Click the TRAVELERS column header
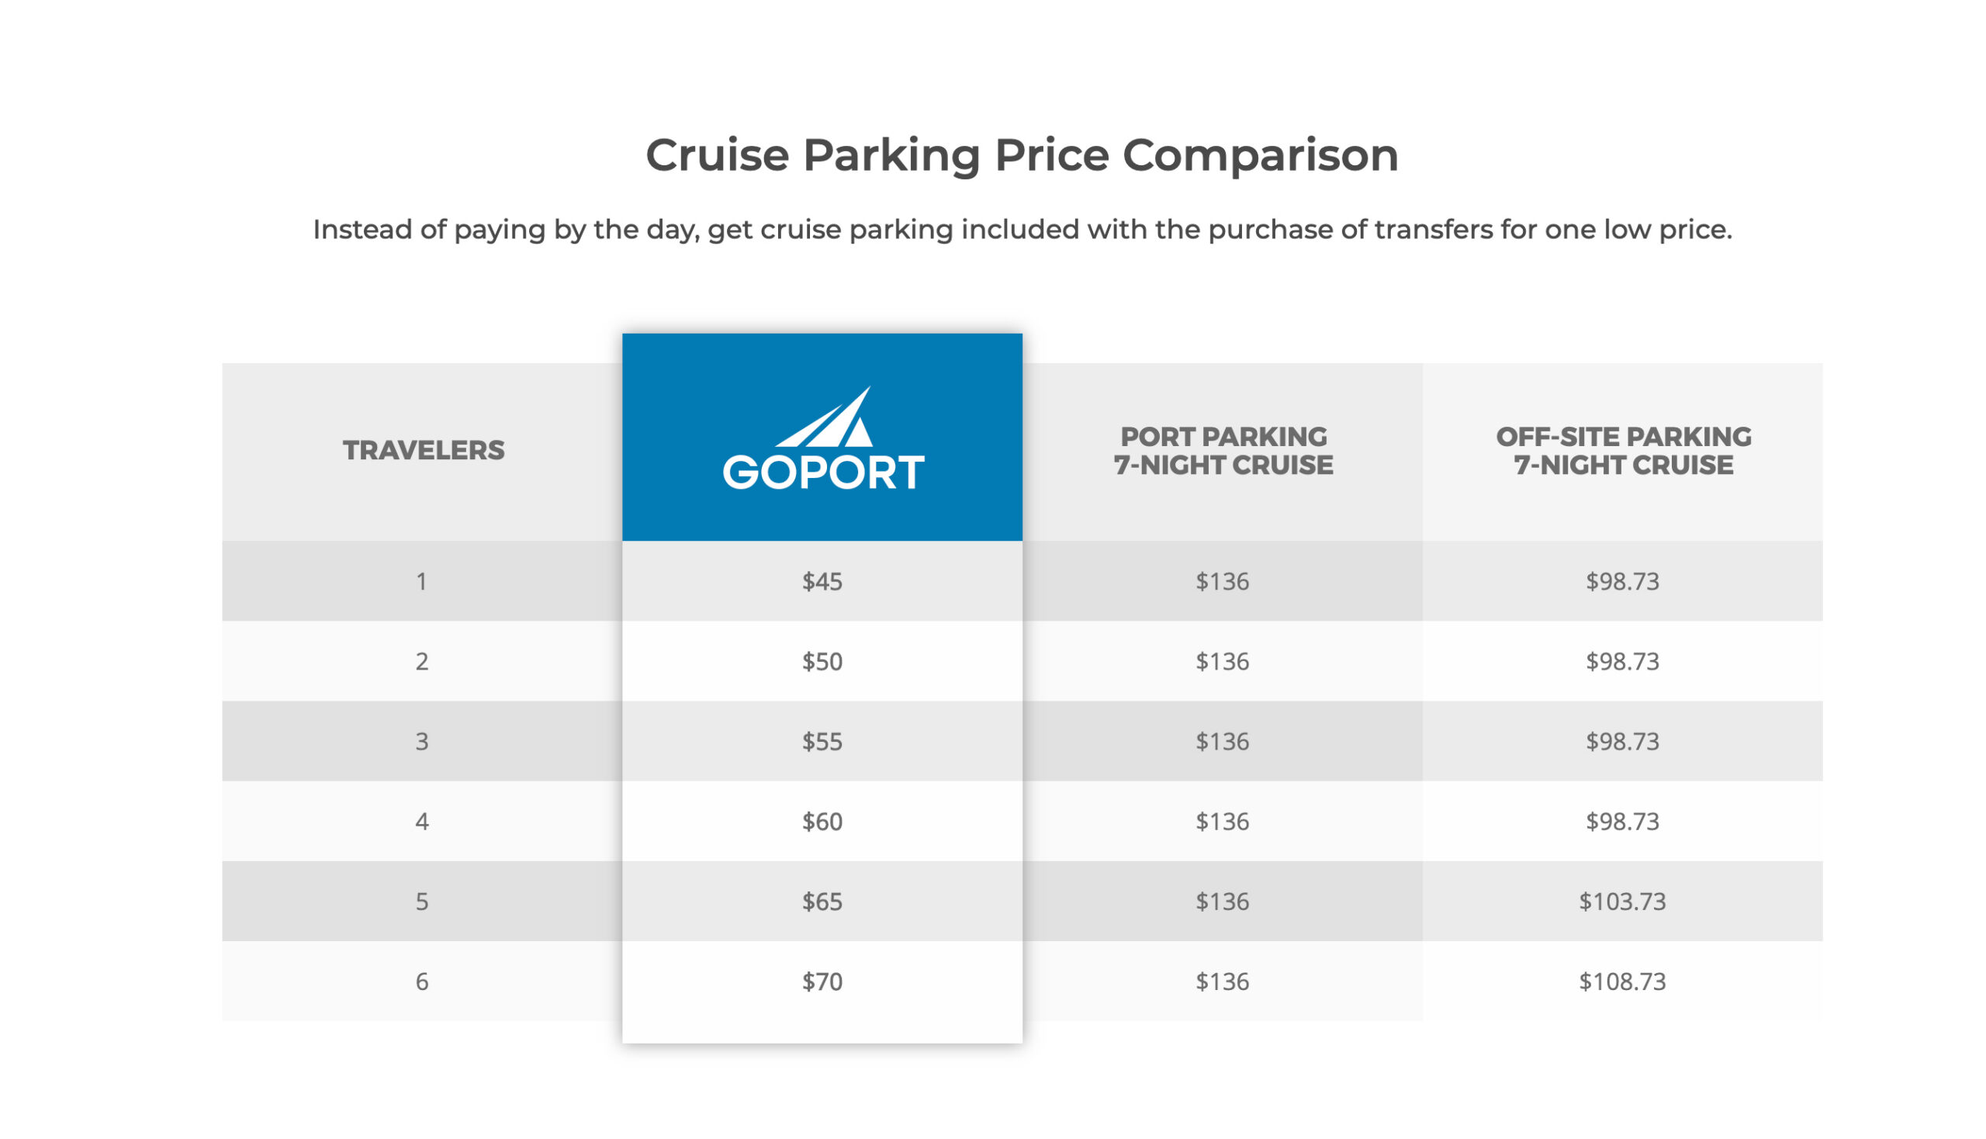tap(423, 451)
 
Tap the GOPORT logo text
tap(822, 473)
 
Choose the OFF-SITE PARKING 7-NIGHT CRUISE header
tap(1623, 451)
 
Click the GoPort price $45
tap(822, 581)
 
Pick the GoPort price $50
tap(822, 662)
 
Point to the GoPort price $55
tap(822, 742)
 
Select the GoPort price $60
tap(822, 822)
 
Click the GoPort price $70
tap(822, 981)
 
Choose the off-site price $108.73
tap(1622, 981)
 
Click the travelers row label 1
tap(421, 581)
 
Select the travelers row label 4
tap(421, 822)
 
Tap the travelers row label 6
tap(421, 981)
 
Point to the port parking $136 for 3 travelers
tap(1222, 742)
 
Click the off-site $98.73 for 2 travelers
tap(1622, 662)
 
